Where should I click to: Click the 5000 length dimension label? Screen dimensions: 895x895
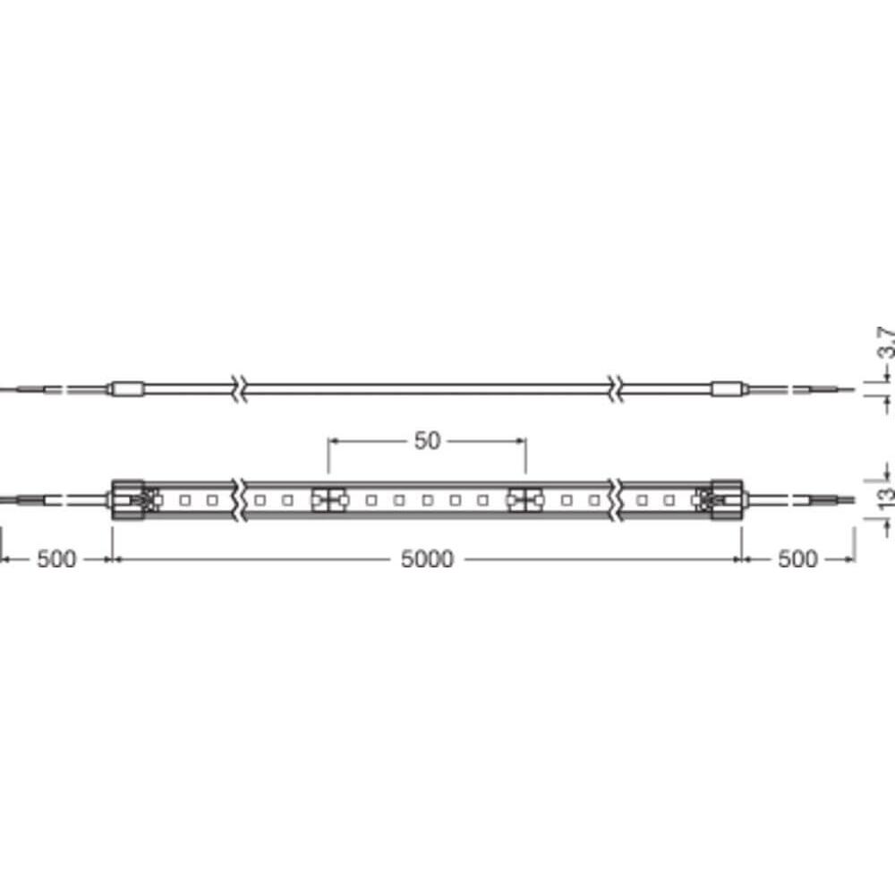pos(427,559)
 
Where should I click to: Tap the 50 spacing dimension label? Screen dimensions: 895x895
pos(427,440)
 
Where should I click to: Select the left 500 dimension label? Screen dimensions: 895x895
pos(55,559)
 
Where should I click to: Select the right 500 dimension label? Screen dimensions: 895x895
pos(797,559)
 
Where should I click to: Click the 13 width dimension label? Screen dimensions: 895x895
pos(885,496)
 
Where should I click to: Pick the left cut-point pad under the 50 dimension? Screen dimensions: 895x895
pos(328,499)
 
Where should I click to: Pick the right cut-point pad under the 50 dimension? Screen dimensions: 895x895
pos(525,499)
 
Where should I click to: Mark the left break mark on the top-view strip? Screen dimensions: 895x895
pos(238,499)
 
